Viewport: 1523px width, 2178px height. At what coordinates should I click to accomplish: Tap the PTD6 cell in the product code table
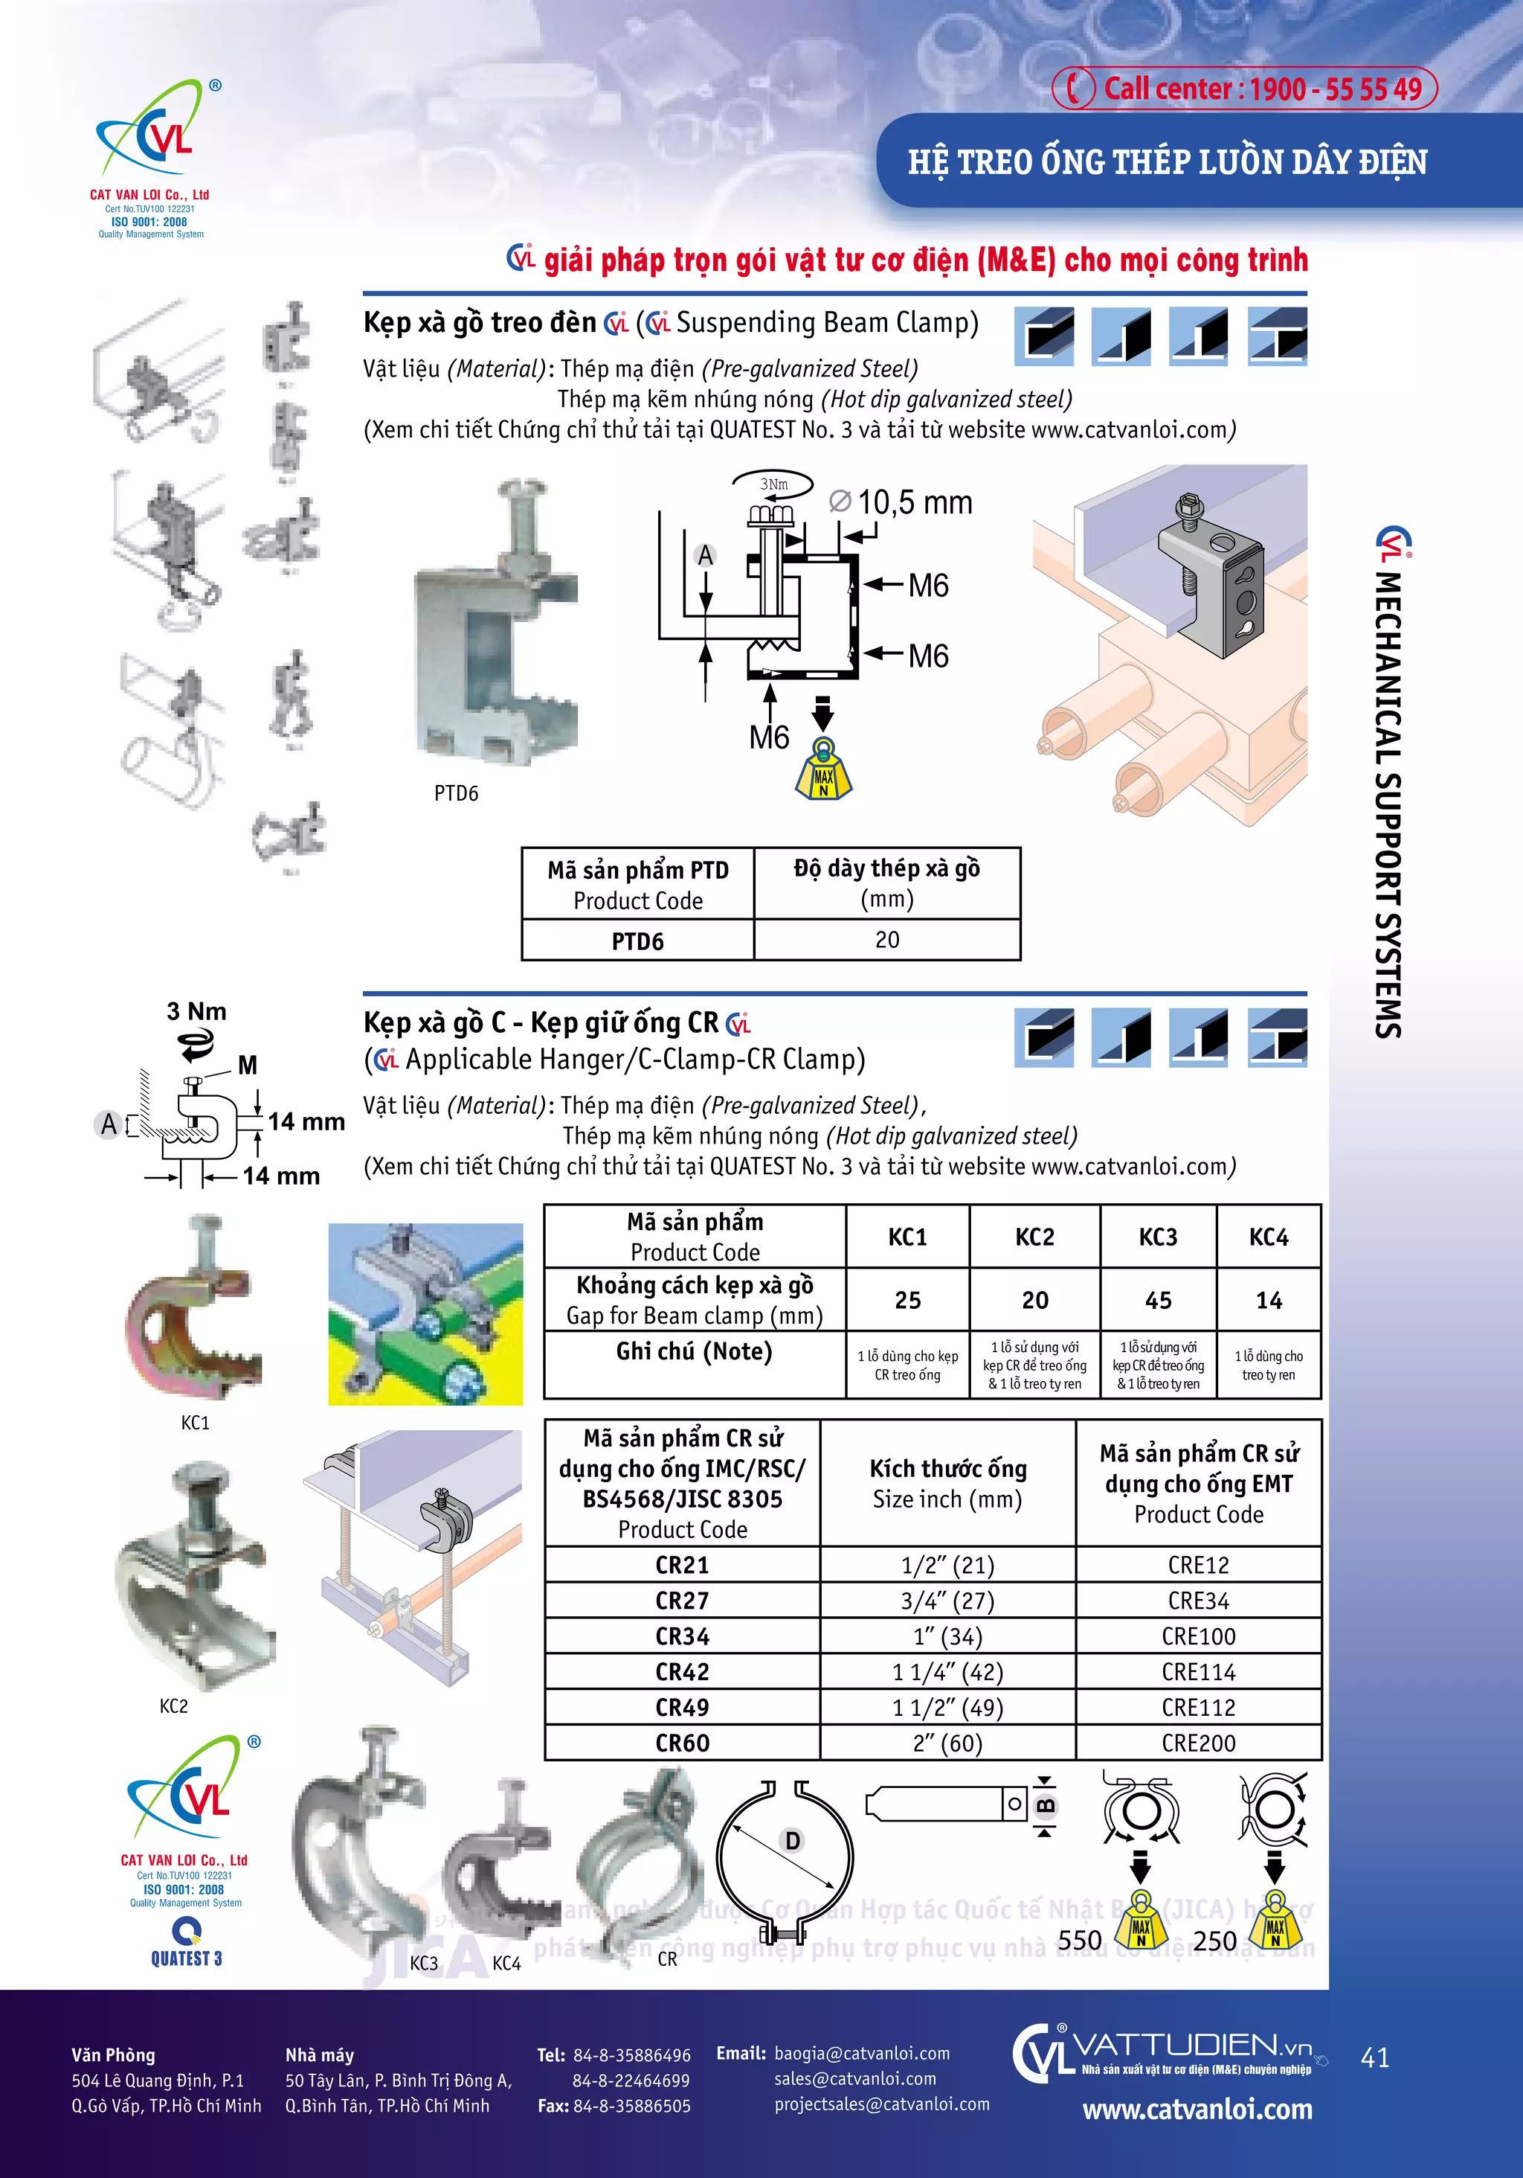637,941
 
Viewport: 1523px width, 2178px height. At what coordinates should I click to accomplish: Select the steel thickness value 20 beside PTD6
886,939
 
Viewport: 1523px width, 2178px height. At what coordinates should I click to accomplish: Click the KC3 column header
1157,1237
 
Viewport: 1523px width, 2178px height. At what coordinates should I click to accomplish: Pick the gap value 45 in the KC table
1157,1300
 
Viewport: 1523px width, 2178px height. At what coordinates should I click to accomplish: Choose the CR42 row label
682,1671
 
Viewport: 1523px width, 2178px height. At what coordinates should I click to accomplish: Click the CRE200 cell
1198,1743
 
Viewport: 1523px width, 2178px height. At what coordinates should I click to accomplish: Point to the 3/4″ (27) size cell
947,1601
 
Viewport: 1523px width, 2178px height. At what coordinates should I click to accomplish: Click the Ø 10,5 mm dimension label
903,503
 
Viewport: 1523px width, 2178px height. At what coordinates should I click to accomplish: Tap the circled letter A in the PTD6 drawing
704,556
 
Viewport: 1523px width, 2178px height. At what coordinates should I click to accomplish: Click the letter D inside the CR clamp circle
793,1841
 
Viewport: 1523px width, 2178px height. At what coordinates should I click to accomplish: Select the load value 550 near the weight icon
1079,1940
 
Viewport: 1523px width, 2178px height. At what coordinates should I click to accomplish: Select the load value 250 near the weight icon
1215,1940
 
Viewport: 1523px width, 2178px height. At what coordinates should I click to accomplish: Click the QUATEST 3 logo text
186,1958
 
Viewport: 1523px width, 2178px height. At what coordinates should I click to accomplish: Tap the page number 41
1374,2057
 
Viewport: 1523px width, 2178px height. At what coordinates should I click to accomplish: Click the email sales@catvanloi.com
854,2078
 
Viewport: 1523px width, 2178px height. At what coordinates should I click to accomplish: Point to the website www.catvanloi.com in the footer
1197,2110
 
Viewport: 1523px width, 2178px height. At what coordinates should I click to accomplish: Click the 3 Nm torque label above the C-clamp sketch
196,1011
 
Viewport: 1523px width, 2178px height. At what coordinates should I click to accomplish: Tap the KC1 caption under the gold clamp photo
196,1422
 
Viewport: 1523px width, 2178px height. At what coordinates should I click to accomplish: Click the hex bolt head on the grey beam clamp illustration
1188,505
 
